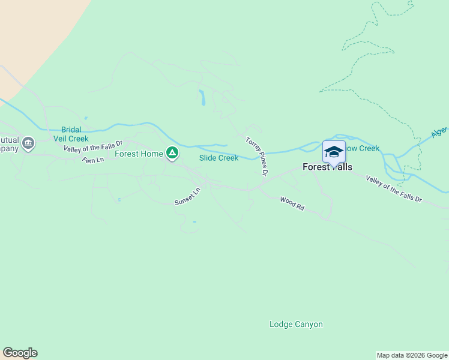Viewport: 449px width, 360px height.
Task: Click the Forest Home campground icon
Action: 172,154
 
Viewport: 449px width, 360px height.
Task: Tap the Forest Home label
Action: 139,154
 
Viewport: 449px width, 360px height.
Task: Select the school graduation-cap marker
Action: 334,151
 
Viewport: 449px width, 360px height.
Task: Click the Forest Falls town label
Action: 328,167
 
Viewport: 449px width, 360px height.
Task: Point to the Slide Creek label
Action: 218,158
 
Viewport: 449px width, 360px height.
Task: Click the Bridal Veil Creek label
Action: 74,134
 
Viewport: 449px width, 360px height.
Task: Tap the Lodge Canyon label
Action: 296,325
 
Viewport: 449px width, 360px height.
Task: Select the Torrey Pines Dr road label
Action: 256,156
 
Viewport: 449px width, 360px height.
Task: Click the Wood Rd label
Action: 292,203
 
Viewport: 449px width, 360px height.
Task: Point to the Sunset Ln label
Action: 187,197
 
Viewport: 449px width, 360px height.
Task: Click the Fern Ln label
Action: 93,160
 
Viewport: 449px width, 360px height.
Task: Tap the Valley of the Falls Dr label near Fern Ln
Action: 93,146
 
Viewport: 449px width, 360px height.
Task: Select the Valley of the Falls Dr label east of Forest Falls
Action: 394,190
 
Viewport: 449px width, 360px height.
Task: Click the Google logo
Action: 20,353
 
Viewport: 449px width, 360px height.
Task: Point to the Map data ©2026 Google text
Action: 412,355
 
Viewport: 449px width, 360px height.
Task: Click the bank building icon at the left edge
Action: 28,143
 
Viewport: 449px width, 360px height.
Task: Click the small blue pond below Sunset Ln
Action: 194,222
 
